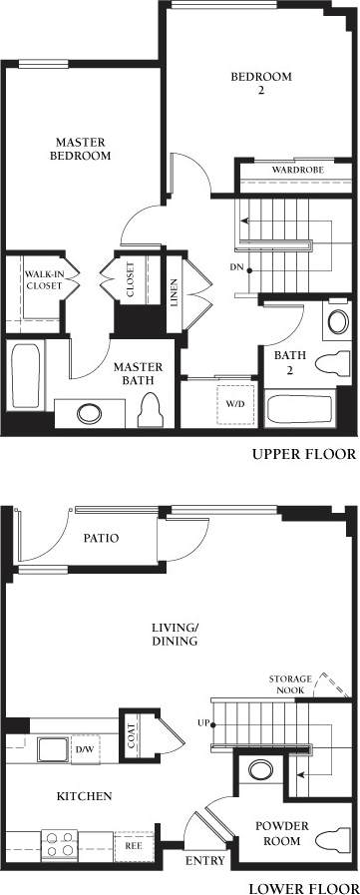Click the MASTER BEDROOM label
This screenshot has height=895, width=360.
tap(82, 149)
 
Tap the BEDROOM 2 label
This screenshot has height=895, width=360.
tap(260, 84)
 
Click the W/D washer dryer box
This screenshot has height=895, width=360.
tap(235, 404)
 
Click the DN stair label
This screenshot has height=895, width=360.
tap(236, 268)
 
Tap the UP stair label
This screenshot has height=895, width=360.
tap(202, 722)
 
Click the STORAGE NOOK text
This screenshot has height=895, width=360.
tap(291, 684)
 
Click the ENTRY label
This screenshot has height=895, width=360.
tap(205, 861)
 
